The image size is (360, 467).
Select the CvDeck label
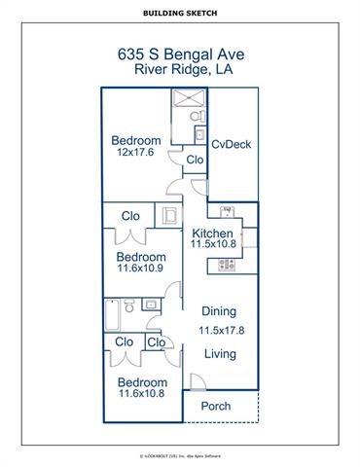pyautogui.click(x=232, y=144)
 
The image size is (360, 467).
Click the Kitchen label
pyautogui.click(x=212, y=234)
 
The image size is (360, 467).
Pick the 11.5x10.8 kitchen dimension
pyautogui.click(x=212, y=247)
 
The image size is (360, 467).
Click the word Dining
pyautogui.click(x=218, y=311)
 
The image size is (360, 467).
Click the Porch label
pyautogui.click(x=216, y=406)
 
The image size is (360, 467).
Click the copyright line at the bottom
pyautogui.click(x=180, y=454)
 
